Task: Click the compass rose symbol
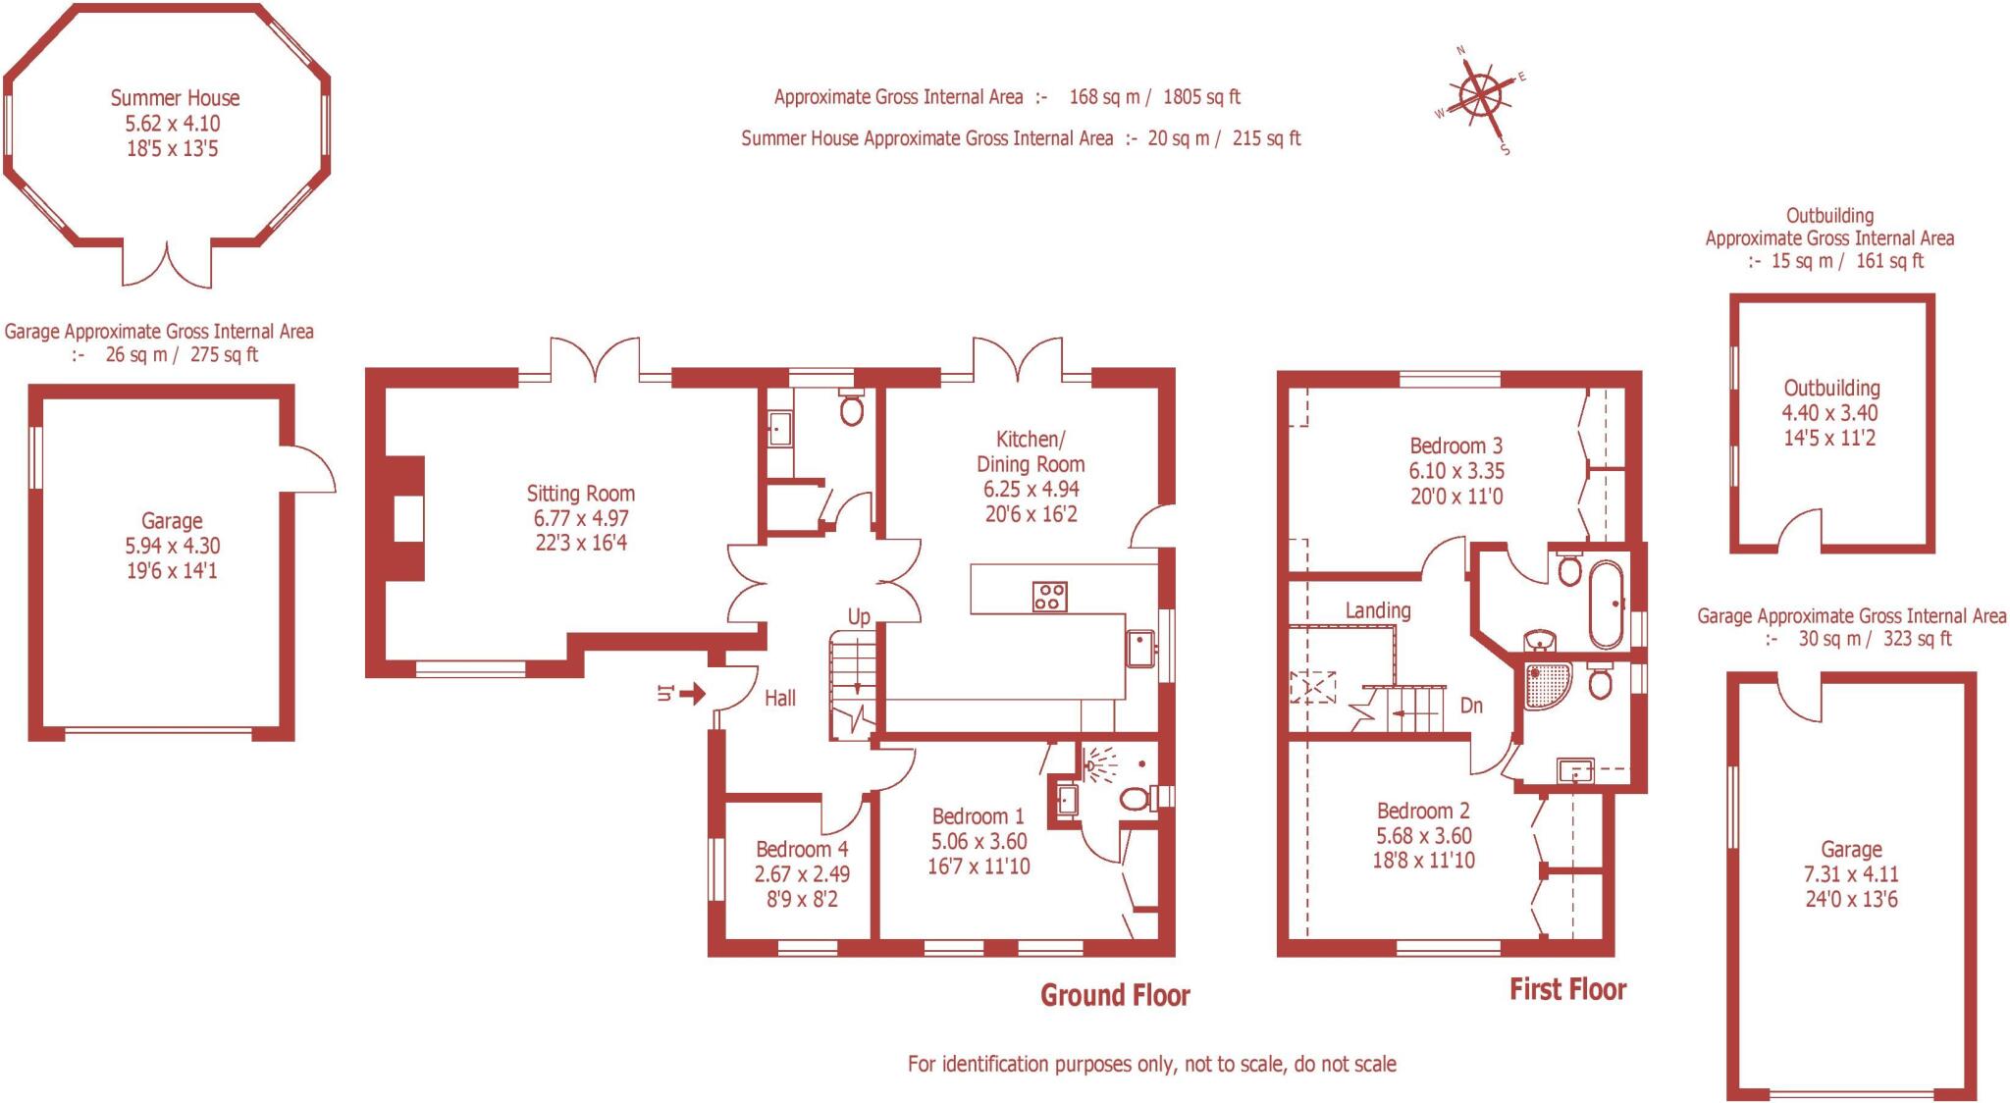[1480, 98]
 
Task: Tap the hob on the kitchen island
[1049, 597]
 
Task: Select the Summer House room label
[175, 98]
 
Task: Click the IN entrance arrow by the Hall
[692, 695]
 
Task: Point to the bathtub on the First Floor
[1606, 603]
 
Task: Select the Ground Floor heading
[1115, 996]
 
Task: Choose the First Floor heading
[1567, 989]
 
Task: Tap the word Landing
[1378, 610]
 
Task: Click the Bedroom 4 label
[802, 849]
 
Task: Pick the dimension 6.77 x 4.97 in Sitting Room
[581, 518]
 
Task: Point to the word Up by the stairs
[859, 617]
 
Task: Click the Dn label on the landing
[1471, 705]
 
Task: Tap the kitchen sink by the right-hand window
[1140, 648]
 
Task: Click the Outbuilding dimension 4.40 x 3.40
[1829, 413]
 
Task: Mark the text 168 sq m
[1104, 97]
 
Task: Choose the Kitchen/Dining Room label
[1031, 451]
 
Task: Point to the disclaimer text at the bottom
[1151, 1064]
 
